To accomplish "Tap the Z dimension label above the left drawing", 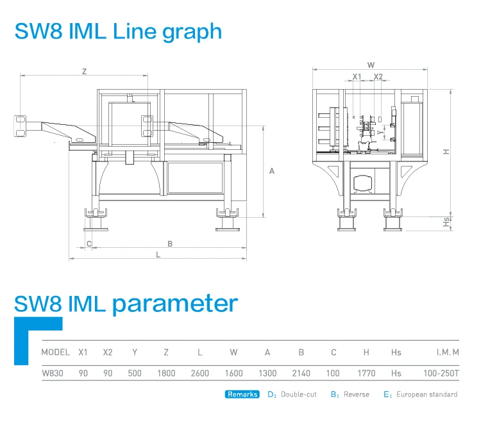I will (x=84, y=72).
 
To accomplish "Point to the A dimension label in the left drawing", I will (x=272, y=171).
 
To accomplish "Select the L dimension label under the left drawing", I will (x=158, y=254).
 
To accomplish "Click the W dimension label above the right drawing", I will (x=371, y=65).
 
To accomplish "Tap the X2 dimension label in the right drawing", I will (x=378, y=76).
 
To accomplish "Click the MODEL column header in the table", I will (x=55, y=352).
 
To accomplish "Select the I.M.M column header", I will (x=447, y=352).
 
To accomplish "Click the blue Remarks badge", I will (x=242, y=395).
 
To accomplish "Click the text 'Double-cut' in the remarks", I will (x=299, y=395).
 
